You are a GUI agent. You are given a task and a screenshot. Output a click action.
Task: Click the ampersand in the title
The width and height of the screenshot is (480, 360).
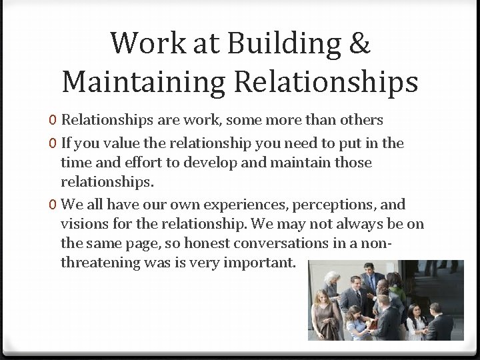pos(359,43)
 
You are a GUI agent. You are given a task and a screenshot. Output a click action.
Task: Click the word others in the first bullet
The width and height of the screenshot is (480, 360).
pos(359,120)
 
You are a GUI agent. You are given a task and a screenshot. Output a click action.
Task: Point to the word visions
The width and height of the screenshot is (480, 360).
pos(82,223)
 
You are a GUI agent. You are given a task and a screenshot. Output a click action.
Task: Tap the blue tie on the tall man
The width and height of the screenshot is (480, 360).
pos(371,283)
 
